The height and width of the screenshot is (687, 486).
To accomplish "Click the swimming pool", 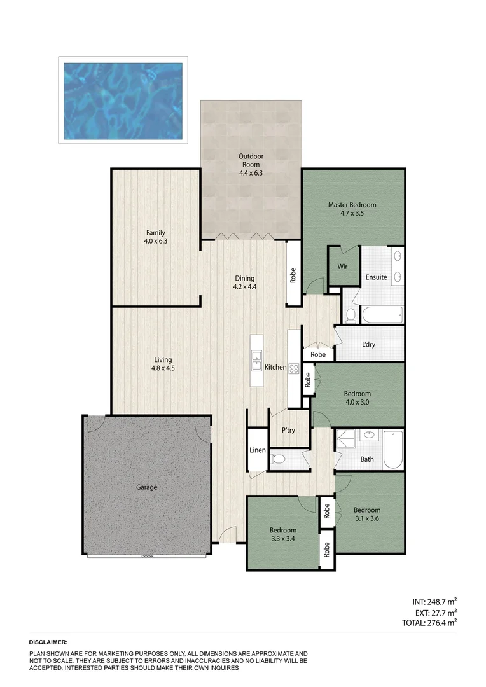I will (x=123, y=101).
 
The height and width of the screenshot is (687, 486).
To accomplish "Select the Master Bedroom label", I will (x=352, y=205).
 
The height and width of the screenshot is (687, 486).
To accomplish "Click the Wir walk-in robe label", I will (x=342, y=267).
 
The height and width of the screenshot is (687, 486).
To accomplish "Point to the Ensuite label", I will (x=376, y=277).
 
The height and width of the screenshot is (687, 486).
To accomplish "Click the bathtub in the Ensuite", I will (x=382, y=314).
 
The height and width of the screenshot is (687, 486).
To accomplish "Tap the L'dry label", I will (x=368, y=345).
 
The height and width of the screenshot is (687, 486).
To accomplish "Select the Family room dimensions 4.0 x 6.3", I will (x=155, y=241).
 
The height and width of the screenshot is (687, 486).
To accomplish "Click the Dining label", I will (x=244, y=278).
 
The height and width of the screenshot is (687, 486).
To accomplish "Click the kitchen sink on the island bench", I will (x=256, y=360).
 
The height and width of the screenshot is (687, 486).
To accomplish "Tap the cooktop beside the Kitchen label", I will (x=294, y=368).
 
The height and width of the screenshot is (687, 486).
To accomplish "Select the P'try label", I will (x=288, y=431).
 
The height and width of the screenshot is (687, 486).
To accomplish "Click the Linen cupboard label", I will (x=257, y=450).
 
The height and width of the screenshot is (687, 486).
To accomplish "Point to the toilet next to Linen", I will (x=277, y=458).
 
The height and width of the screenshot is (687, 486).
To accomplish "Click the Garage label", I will (x=146, y=487).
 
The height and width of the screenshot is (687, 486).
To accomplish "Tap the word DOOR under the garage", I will (x=147, y=557).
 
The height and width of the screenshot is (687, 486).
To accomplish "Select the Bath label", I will (x=367, y=459).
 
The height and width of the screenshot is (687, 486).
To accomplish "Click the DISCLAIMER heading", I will (x=48, y=643).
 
